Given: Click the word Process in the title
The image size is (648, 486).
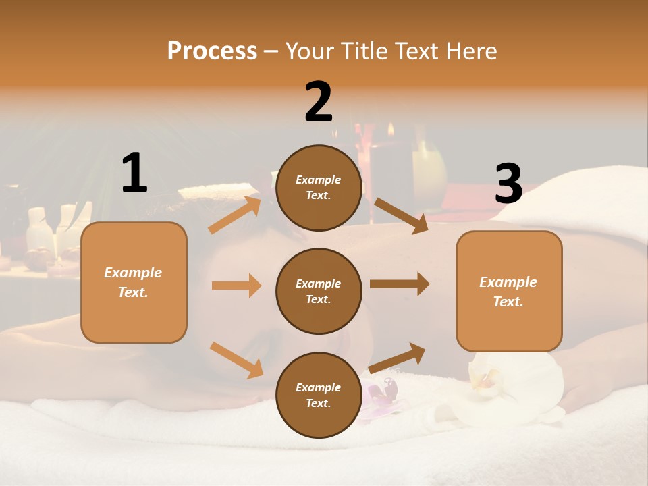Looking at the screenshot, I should pyautogui.click(x=212, y=51).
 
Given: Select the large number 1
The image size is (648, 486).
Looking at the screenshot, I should pyautogui.click(x=134, y=173).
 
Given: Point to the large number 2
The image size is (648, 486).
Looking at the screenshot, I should pyautogui.click(x=319, y=102).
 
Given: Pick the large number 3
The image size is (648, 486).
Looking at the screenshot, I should pyautogui.click(x=508, y=184).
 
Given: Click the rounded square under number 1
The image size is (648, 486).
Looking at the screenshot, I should pyautogui.click(x=134, y=282).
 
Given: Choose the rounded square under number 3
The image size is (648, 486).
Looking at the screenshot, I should pyautogui.click(x=509, y=292).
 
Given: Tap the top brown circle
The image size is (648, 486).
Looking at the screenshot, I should pyautogui.click(x=319, y=188).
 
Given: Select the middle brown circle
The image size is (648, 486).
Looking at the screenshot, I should pyautogui.click(x=319, y=291).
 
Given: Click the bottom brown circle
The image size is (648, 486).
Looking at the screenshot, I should pyautogui.click(x=319, y=395).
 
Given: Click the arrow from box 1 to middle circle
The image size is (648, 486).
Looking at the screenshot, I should pyautogui.click(x=236, y=286).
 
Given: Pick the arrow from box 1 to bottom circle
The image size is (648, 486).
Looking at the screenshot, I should pyautogui.click(x=236, y=359).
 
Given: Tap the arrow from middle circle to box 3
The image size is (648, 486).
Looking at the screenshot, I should pyautogui.click(x=399, y=284).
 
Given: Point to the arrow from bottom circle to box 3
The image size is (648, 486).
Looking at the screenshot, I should pyautogui.click(x=397, y=358).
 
